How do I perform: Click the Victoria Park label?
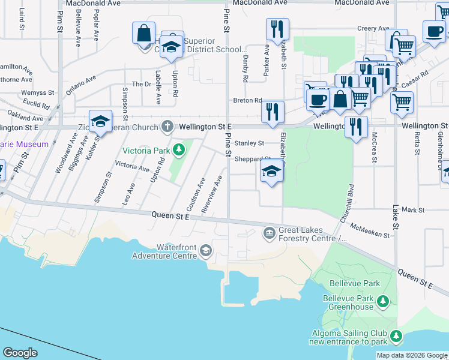(x=146, y=150)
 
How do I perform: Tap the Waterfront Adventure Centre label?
(x=176, y=251)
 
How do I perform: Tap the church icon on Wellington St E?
(x=167, y=127)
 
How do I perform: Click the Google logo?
(x=20, y=353)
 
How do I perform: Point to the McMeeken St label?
(x=371, y=230)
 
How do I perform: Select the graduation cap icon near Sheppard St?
(x=271, y=173)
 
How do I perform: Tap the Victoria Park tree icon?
(x=178, y=149)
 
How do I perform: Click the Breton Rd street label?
(x=248, y=100)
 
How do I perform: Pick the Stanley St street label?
(x=249, y=143)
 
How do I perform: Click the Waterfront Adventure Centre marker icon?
(x=206, y=250)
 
